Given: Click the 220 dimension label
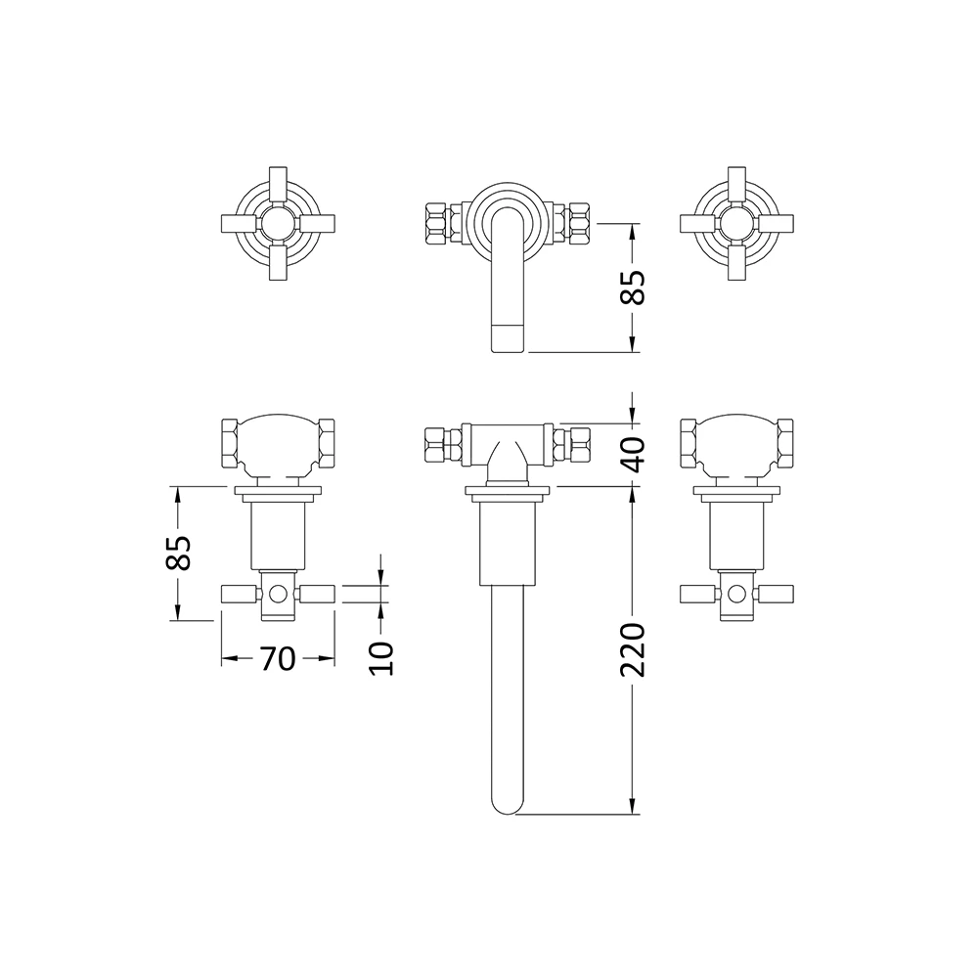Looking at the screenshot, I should tap(634, 648).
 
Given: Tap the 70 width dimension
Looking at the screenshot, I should tap(278, 659).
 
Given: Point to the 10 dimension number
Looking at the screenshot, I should tap(381, 657).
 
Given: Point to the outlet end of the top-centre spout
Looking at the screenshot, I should tap(507, 338).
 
